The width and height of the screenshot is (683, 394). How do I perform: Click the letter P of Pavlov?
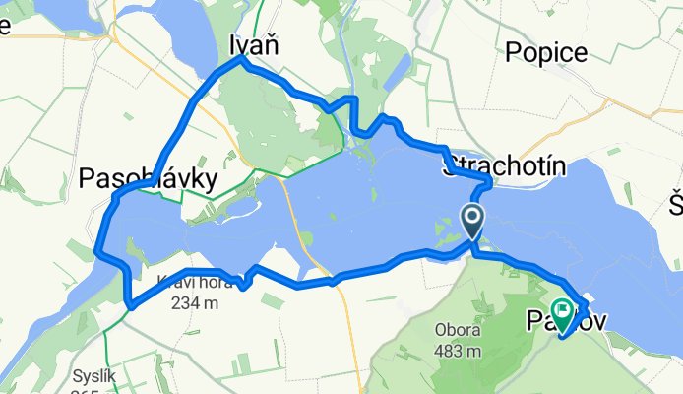click(536, 321)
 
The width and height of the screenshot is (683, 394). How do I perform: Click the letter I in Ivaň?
click(233, 45)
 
